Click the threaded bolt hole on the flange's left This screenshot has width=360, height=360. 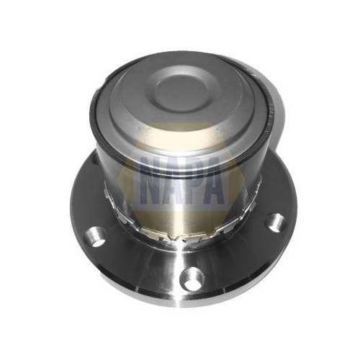[x=96, y=236]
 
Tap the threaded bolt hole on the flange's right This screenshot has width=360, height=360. [x=276, y=222]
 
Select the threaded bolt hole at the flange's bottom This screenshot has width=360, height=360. [x=192, y=279]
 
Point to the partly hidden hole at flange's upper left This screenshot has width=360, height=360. [x=96, y=160]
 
